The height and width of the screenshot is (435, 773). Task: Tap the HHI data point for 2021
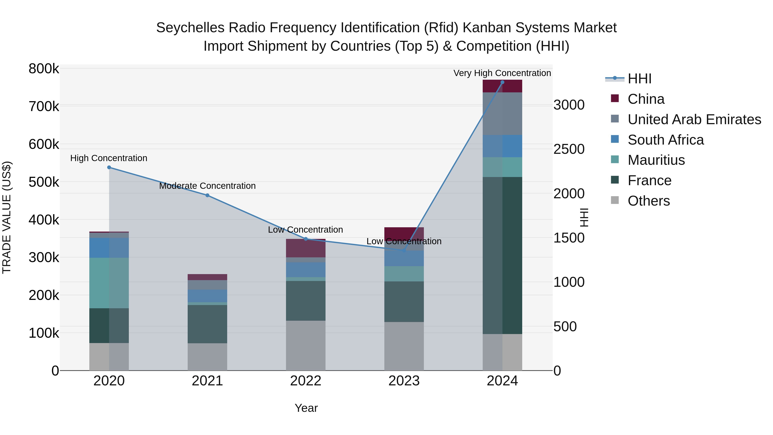click(x=207, y=195)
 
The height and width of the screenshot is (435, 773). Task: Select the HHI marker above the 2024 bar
click(x=502, y=82)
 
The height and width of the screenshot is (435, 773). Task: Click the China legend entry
click(x=646, y=99)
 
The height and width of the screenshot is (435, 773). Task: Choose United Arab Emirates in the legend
click(x=694, y=119)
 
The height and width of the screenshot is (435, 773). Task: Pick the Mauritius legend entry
click(x=656, y=160)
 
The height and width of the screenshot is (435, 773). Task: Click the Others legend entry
click(x=648, y=201)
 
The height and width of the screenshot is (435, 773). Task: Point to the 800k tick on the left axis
click(x=44, y=69)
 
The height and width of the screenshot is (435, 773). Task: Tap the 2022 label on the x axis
click(x=306, y=381)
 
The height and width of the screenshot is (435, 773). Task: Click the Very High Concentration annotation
click(x=502, y=73)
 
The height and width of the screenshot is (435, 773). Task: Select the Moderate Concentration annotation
click(x=207, y=186)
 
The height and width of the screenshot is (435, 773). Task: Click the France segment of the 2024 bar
click(x=502, y=255)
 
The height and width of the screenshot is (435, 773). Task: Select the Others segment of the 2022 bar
click(x=306, y=345)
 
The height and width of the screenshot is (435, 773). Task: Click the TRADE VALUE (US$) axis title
click(x=7, y=217)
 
